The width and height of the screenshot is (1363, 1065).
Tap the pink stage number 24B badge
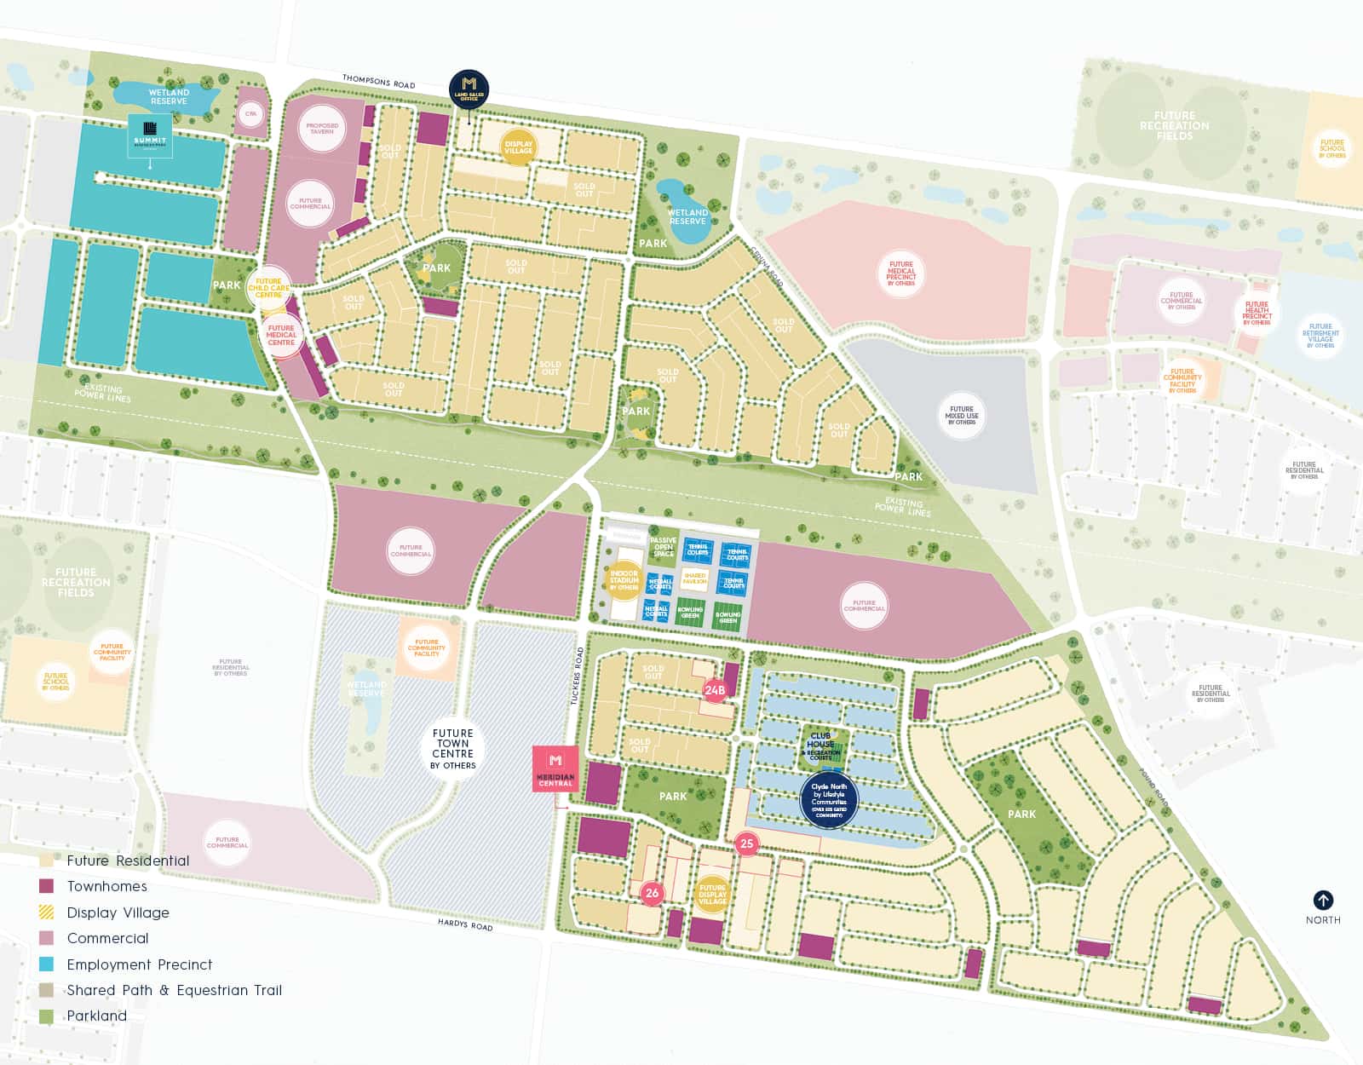pos(715,690)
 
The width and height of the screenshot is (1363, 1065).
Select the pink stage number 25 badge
pos(747,843)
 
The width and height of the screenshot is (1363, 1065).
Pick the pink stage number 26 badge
pos(653,893)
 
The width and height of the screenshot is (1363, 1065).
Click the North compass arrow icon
pos(1323,900)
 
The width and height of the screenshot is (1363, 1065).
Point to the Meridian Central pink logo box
pos(555,769)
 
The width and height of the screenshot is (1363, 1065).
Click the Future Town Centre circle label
pos(452,748)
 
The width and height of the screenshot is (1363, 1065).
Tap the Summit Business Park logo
pos(151,135)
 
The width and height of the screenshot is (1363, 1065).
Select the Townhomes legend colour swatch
pos(47,886)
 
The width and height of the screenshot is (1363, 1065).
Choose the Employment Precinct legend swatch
pos(47,964)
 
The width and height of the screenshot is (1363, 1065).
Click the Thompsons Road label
pos(379,82)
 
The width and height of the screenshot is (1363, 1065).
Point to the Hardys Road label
pos(465,924)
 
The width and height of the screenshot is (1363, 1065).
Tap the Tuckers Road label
pos(577,676)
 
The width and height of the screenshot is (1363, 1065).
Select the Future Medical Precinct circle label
pos(901,273)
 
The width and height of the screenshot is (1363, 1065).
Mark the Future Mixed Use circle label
pos(962,416)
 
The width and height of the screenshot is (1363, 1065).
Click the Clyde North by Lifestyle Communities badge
pos(829,800)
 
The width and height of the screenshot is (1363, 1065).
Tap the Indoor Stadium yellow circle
pos(624,579)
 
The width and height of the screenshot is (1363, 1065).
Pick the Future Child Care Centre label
pos(268,288)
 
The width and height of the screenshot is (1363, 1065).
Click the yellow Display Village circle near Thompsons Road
pos(519,147)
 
